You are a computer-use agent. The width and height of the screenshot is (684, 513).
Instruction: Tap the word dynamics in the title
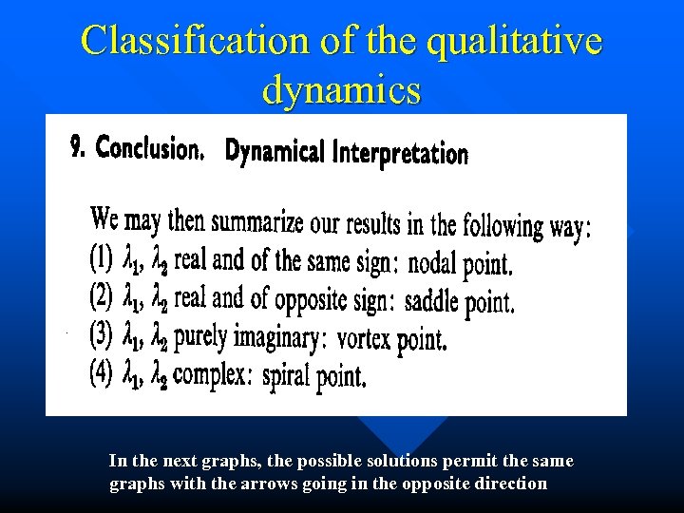[341, 89]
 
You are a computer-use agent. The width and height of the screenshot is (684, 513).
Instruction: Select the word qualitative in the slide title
[496, 41]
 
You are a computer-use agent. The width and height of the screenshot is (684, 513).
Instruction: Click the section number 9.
[79, 147]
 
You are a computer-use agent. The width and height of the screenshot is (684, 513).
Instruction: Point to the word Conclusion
[150, 148]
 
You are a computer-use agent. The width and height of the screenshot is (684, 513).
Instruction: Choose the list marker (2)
[103, 295]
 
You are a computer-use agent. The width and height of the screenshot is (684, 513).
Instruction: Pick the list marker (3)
[103, 333]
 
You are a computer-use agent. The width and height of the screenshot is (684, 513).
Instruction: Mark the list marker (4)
[103, 371]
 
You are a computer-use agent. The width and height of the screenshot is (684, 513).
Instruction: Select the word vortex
[364, 338]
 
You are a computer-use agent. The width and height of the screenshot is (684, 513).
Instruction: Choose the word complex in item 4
[211, 374]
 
